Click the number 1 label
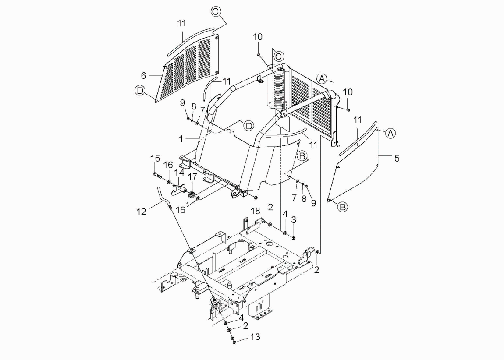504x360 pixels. (x=181, y=139)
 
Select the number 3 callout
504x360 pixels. (x=294, y=220)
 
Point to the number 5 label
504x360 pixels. (x=397, y=159)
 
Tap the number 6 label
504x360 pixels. (x=143, y=75)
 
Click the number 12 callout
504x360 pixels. (x=142, y=212)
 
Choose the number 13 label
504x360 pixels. (x=255, y=337)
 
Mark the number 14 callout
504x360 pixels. (x=179, y=173)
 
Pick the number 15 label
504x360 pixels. (x=155, y=159)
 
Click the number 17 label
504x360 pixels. (x=192, y=176)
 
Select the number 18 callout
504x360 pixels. (x=256, y=211)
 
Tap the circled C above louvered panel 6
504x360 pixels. (x=216, y=11)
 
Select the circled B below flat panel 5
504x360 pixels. (x=343, y=207)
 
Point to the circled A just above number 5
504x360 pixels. (x=390, y=133)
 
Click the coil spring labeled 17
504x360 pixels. (x=192, y=195)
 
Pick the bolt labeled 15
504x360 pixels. (x=157, y=175)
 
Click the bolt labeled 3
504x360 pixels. (x=294, y=238)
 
